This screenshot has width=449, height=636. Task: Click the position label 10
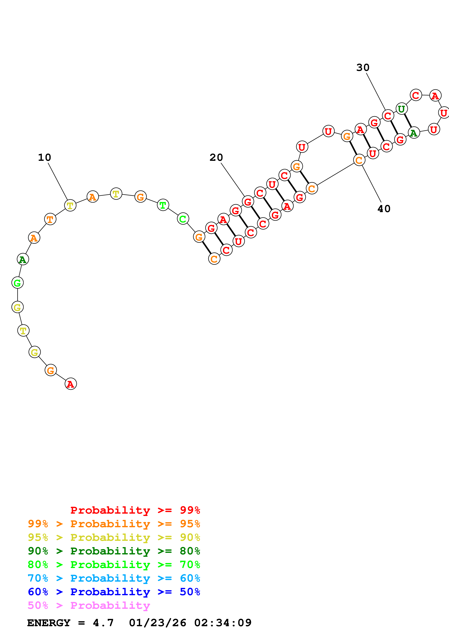[45, 157]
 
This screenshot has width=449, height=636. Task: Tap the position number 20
[216, 157]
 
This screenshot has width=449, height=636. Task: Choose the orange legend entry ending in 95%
[114, 524]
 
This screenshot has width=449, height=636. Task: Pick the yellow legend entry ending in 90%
[114, 537]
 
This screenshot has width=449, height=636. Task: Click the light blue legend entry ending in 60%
[114, 578]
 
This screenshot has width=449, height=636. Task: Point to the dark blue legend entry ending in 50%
[114, 592]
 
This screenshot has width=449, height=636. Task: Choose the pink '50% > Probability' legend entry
[89, 605]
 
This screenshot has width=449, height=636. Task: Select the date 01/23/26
[157, 623]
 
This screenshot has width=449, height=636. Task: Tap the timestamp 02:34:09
[223, 623]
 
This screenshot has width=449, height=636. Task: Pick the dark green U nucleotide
[401, 109]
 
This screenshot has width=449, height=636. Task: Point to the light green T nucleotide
[163, 205]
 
